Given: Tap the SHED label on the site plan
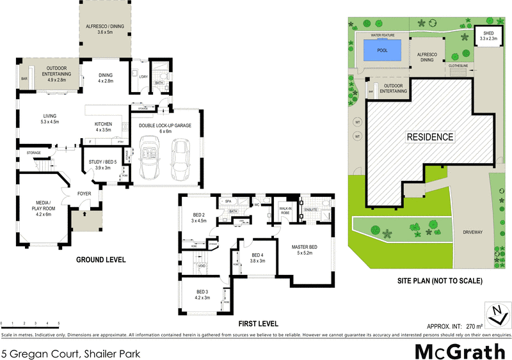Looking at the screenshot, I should pos(488,35).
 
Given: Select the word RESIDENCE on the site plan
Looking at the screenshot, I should pos(430,137).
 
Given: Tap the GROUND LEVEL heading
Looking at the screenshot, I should pos(100,260).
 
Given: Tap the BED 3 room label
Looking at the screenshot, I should pos(202,295).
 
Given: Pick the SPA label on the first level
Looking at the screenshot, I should pos(228,201).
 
